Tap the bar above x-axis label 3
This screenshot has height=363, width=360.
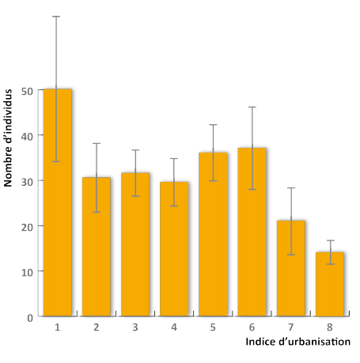click(x=135, y=244)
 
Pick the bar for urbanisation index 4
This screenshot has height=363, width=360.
click(x=174, y=248)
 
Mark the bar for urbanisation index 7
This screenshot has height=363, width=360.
click(x=290, y=268)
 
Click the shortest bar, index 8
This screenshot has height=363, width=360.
click(x=329, y=284)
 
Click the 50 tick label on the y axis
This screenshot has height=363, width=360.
click(x=28, y=90)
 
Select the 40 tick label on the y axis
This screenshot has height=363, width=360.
click(x=28, y=135)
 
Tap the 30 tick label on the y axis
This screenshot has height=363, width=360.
click(x=28, y=181)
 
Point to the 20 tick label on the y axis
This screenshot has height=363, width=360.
click(x=28, y=226)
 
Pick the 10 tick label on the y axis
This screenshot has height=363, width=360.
click(x=28, y=271)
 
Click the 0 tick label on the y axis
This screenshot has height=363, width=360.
click(x=30, y=317)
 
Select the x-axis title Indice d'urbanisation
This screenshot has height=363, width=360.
click(x=297, y=342)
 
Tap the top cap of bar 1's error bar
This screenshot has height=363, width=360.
click(x=57, y=16)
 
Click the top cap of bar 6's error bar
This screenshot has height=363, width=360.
click(x=252, y=107)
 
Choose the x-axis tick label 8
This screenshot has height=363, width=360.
click(x=329, y=327)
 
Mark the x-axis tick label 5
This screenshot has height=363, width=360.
click(x=213, y=327)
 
